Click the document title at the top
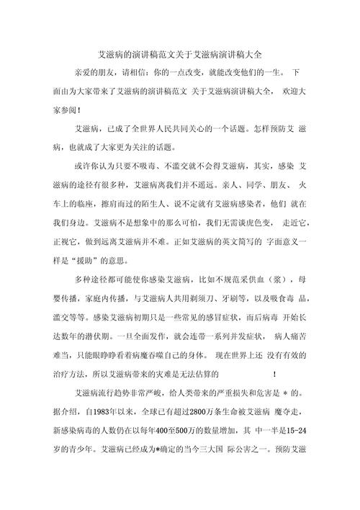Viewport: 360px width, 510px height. [180, 55]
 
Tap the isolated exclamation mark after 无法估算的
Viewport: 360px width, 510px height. [275, 375]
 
